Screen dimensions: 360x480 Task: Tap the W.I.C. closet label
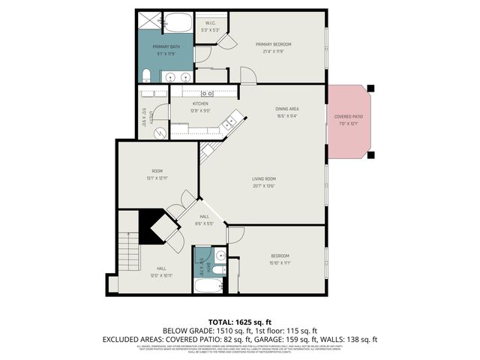click(x=211, y=27)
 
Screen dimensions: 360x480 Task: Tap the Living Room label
click(x=263, y=182)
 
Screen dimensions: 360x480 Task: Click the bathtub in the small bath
click(x=206, y=286)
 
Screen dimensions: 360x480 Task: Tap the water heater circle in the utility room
click(x=160, y=131)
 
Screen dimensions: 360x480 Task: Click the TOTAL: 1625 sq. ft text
click(x=239, y=322)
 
